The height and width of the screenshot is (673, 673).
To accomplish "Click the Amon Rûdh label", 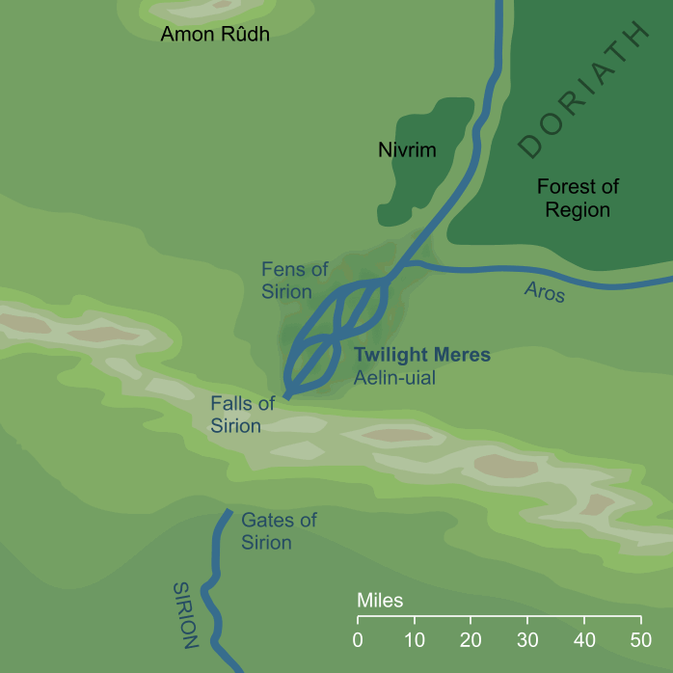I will [214, 36].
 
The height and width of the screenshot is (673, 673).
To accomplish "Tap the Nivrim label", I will [407, 150].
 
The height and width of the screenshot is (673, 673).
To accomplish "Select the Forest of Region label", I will [578, 199].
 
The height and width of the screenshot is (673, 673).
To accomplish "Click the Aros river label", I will [545, 291].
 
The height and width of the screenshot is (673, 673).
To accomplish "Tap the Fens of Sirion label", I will [286, 281].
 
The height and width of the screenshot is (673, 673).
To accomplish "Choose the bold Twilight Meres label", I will [422, 356].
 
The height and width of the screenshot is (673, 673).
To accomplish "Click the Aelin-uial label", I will [395, 379].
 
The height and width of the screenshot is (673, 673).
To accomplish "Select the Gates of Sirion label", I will [279, 531].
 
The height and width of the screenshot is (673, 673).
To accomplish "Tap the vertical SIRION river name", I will [186, 614].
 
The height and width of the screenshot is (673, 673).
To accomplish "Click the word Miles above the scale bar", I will [380, 601].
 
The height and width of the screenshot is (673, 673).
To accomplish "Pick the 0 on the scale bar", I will [358, 639].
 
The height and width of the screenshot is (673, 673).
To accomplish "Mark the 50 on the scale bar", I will [640, 639].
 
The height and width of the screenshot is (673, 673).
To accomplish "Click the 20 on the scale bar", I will [471, 639].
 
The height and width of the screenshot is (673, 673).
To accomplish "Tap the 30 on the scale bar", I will [527, 639].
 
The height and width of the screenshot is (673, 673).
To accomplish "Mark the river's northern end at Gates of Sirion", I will [229, 512].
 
